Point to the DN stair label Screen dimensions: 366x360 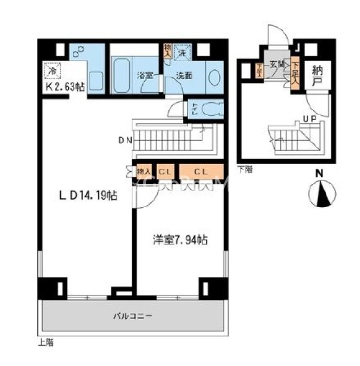pyautogui.click(x=125, y=140)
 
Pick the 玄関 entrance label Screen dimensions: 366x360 pyautogui.click(x=276, y=64)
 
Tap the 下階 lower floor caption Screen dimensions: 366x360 pyautogui.click(x=244, y=168)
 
